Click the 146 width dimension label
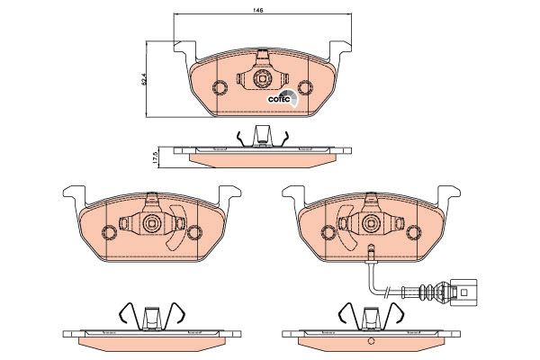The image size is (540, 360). [258, 10]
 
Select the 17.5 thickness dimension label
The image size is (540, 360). [155, 157]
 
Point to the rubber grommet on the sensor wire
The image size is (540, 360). [427, 292]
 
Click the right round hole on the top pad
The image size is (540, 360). [304, 87]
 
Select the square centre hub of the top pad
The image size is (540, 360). [262, 79]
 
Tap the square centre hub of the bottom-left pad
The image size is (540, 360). [151, 224]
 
